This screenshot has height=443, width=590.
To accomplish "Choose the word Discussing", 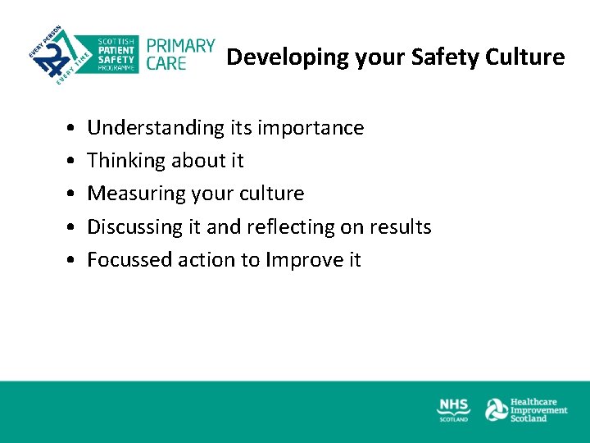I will click(133, 226).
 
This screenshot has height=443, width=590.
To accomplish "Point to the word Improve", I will click(305, 260).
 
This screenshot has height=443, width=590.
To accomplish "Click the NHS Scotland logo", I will click(454, 409).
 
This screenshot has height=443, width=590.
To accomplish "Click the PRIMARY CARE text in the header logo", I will click(180, 54).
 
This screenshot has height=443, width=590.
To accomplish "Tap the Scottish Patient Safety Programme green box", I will click(116, 54).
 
